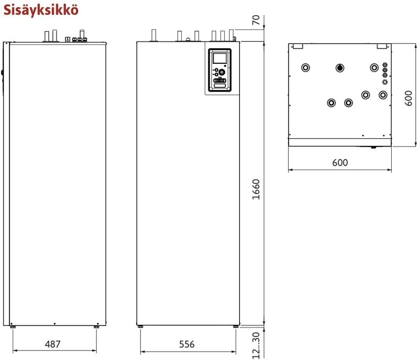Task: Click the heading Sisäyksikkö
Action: (x=41, y=10)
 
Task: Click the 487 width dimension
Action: (x=53, y=344)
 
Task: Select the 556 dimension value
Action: (x=187, y=344)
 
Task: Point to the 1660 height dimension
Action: (x=256, y=189)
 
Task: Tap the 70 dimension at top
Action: (x=256, y=20)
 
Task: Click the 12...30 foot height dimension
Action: (x=256, y=345)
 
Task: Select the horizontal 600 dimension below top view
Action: (x=340, y=162)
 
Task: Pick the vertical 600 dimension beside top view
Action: (x=409, y=98)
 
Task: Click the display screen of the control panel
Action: (x=220, y=58)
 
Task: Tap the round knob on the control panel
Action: (x=222, y=72)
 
